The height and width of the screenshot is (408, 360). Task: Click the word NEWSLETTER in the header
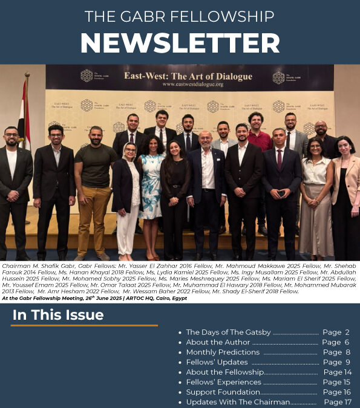(180, 42)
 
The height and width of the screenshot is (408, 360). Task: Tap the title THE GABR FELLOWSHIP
(180, 16)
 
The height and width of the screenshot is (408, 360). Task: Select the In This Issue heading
(58, 315)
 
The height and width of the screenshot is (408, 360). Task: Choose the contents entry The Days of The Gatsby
(228, 332)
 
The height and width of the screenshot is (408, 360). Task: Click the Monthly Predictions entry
(223, 352)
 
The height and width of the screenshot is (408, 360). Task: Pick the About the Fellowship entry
(224, 372)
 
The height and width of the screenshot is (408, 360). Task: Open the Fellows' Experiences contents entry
(223, 382)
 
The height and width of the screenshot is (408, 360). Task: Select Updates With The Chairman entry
(238, 402)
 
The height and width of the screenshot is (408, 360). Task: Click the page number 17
(345, 402)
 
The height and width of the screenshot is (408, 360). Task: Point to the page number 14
(345, 372)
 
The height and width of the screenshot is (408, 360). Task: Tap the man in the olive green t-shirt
(94, 181)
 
